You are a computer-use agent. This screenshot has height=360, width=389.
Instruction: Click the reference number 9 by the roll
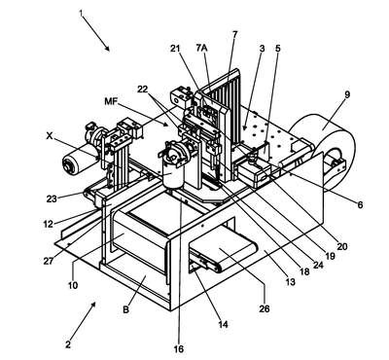(x=347, y=94)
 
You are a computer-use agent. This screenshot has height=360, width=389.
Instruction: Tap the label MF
(x=112, y=101)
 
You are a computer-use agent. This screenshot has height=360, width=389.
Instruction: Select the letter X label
(x=50, y=136)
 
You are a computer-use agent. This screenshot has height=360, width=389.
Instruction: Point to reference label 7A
(x=201, y=48)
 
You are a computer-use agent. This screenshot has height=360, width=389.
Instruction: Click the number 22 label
(x=143, y=90)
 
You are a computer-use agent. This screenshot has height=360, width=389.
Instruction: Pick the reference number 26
(x=265, y=307)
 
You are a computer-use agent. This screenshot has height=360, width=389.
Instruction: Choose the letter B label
(x=125, y=309)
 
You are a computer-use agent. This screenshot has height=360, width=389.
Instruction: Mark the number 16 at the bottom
(x=179, y=349)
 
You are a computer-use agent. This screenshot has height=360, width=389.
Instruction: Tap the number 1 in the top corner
(x=81, y=14)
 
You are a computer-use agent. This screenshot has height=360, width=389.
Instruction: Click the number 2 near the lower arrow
(x=68, y=344)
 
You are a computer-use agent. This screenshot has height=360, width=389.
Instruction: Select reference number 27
(x=49, y=261)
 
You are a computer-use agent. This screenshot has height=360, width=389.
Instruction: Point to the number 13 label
(x=290, y=282)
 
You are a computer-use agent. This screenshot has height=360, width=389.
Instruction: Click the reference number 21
(x=175, y=48)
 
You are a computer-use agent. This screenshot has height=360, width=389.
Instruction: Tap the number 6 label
(x=360, y=205)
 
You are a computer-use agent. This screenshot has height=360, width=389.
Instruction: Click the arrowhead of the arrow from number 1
(x=108, y=49)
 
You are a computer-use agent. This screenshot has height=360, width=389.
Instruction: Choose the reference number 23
(x=52, y=198)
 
